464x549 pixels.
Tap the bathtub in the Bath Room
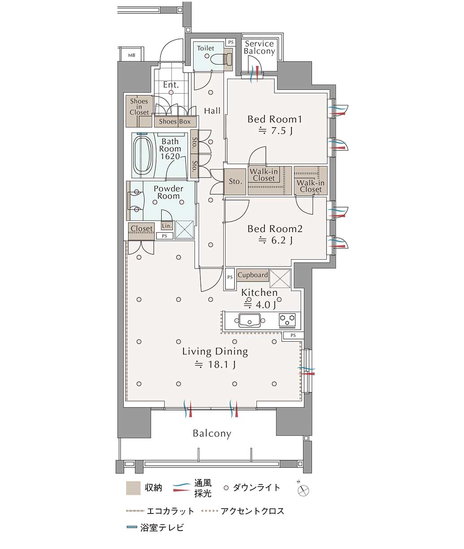point(143,155)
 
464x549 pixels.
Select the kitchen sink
point(250,321)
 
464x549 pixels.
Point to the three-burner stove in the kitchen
point(288,320)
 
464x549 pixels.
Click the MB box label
point(131,55)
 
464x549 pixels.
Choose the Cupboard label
point(253,275)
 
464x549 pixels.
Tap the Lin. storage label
point(167,226)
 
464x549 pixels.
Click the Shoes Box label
point(175,122)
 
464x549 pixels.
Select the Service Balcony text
point(259,47)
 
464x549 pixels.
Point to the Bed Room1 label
point(275,119)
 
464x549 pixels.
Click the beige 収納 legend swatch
point(133,488)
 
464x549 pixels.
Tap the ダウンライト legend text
point(256,488)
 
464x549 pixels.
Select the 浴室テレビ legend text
point(162,527)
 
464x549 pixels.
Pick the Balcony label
point(212,433)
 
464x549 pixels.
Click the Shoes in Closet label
point(139,107)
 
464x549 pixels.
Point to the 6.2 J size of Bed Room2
point(276,240)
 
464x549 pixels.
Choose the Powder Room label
point(168,192)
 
